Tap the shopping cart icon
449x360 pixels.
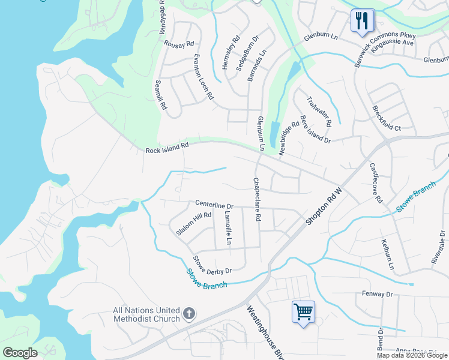click(x=303, y=312)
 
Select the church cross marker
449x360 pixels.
click(x=188, y=314)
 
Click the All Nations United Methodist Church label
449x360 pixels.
click(x=146, y=314)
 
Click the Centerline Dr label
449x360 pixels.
click(x=214, y=206)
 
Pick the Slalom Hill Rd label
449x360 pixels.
click(x=194, y=223)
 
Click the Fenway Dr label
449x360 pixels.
click(x=376, y=294)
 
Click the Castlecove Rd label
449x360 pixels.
click(x=376, y=184)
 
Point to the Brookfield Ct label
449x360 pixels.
click(x=386, y=119)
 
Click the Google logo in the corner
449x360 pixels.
click(x=20, y=353)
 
